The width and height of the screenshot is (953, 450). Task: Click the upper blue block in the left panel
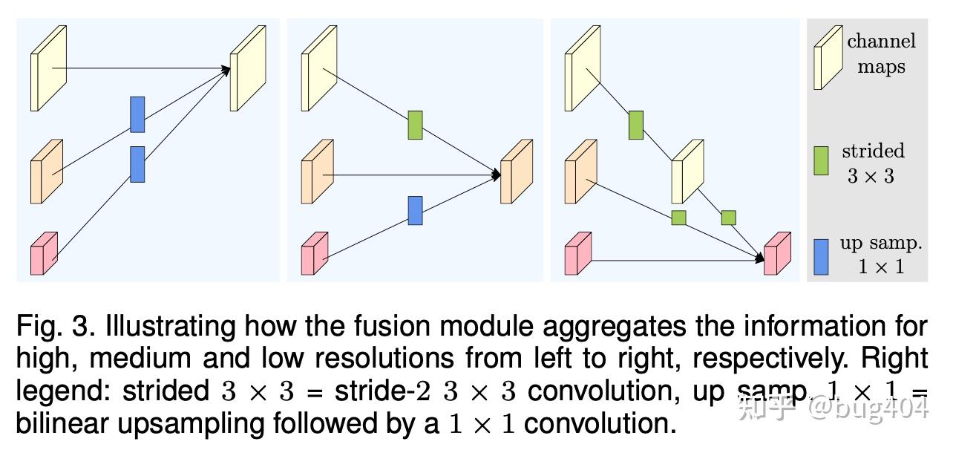pos(137,114)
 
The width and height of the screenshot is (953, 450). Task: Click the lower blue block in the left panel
pos(137,164)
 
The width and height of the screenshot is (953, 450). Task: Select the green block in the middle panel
pos(415,125)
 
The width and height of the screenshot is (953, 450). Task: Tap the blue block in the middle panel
pos(415,210)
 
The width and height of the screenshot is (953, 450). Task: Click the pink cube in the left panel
pos(43,254)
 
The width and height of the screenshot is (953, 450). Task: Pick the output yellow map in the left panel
pos(247,68)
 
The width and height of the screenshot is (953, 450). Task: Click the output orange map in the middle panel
pos(517,172)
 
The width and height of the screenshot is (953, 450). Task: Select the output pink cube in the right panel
pos(776,254)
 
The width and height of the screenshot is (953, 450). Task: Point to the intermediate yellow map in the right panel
pos(687,172)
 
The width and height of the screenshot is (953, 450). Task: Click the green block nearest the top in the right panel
pos(635,125)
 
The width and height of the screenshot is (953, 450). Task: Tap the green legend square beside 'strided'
pos(821,160)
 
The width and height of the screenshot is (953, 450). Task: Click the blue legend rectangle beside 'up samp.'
pos(821,256)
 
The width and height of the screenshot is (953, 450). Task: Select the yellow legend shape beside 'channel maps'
pos(828,58)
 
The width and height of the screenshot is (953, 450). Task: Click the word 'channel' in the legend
pos(881,41)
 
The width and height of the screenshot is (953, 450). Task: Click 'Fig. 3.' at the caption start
pos(56,326)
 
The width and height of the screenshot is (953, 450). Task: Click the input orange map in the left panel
pos(46,172)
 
